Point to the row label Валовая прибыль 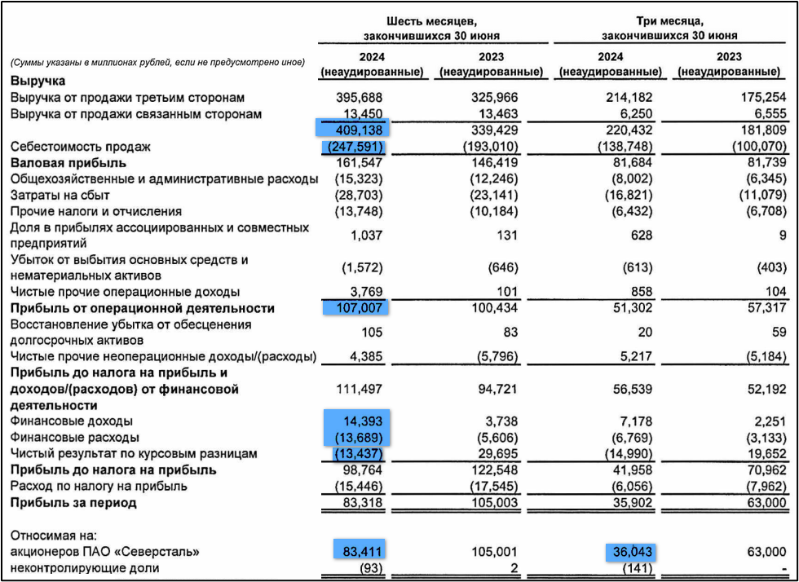point(56,163)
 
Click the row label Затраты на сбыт point(60,195)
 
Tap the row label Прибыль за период point(73,502)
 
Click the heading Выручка point(37,81)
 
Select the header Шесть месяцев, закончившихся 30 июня point(431,28)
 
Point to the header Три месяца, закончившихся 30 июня point(669,28)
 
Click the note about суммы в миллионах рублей point(157,62)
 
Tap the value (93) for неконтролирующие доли point(367,567)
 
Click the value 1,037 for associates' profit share point(365,235)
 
